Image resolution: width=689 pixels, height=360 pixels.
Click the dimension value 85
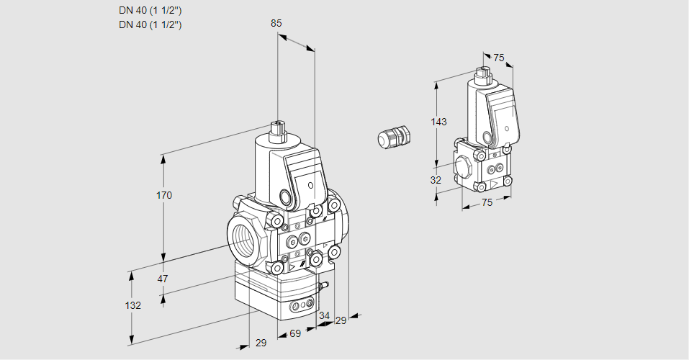(276, 23)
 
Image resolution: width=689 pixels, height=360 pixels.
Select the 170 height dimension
(164, 196)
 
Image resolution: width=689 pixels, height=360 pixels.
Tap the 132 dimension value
(132, 305)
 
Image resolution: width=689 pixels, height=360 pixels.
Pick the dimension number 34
(324, 315)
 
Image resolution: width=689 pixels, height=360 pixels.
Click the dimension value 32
(436, 180)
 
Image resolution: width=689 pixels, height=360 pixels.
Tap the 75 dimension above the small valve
(499, 58)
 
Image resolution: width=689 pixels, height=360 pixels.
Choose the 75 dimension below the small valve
(487, 203)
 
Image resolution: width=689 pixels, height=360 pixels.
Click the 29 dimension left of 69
(261, 343)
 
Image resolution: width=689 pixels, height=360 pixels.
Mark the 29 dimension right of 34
(341, 320)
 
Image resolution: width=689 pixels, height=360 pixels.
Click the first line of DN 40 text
(150, 11)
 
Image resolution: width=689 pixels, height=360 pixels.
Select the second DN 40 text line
(150, 24)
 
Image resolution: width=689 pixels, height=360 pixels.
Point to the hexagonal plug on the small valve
(462, 166)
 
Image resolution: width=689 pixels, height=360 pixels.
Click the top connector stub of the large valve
(277, 131)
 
